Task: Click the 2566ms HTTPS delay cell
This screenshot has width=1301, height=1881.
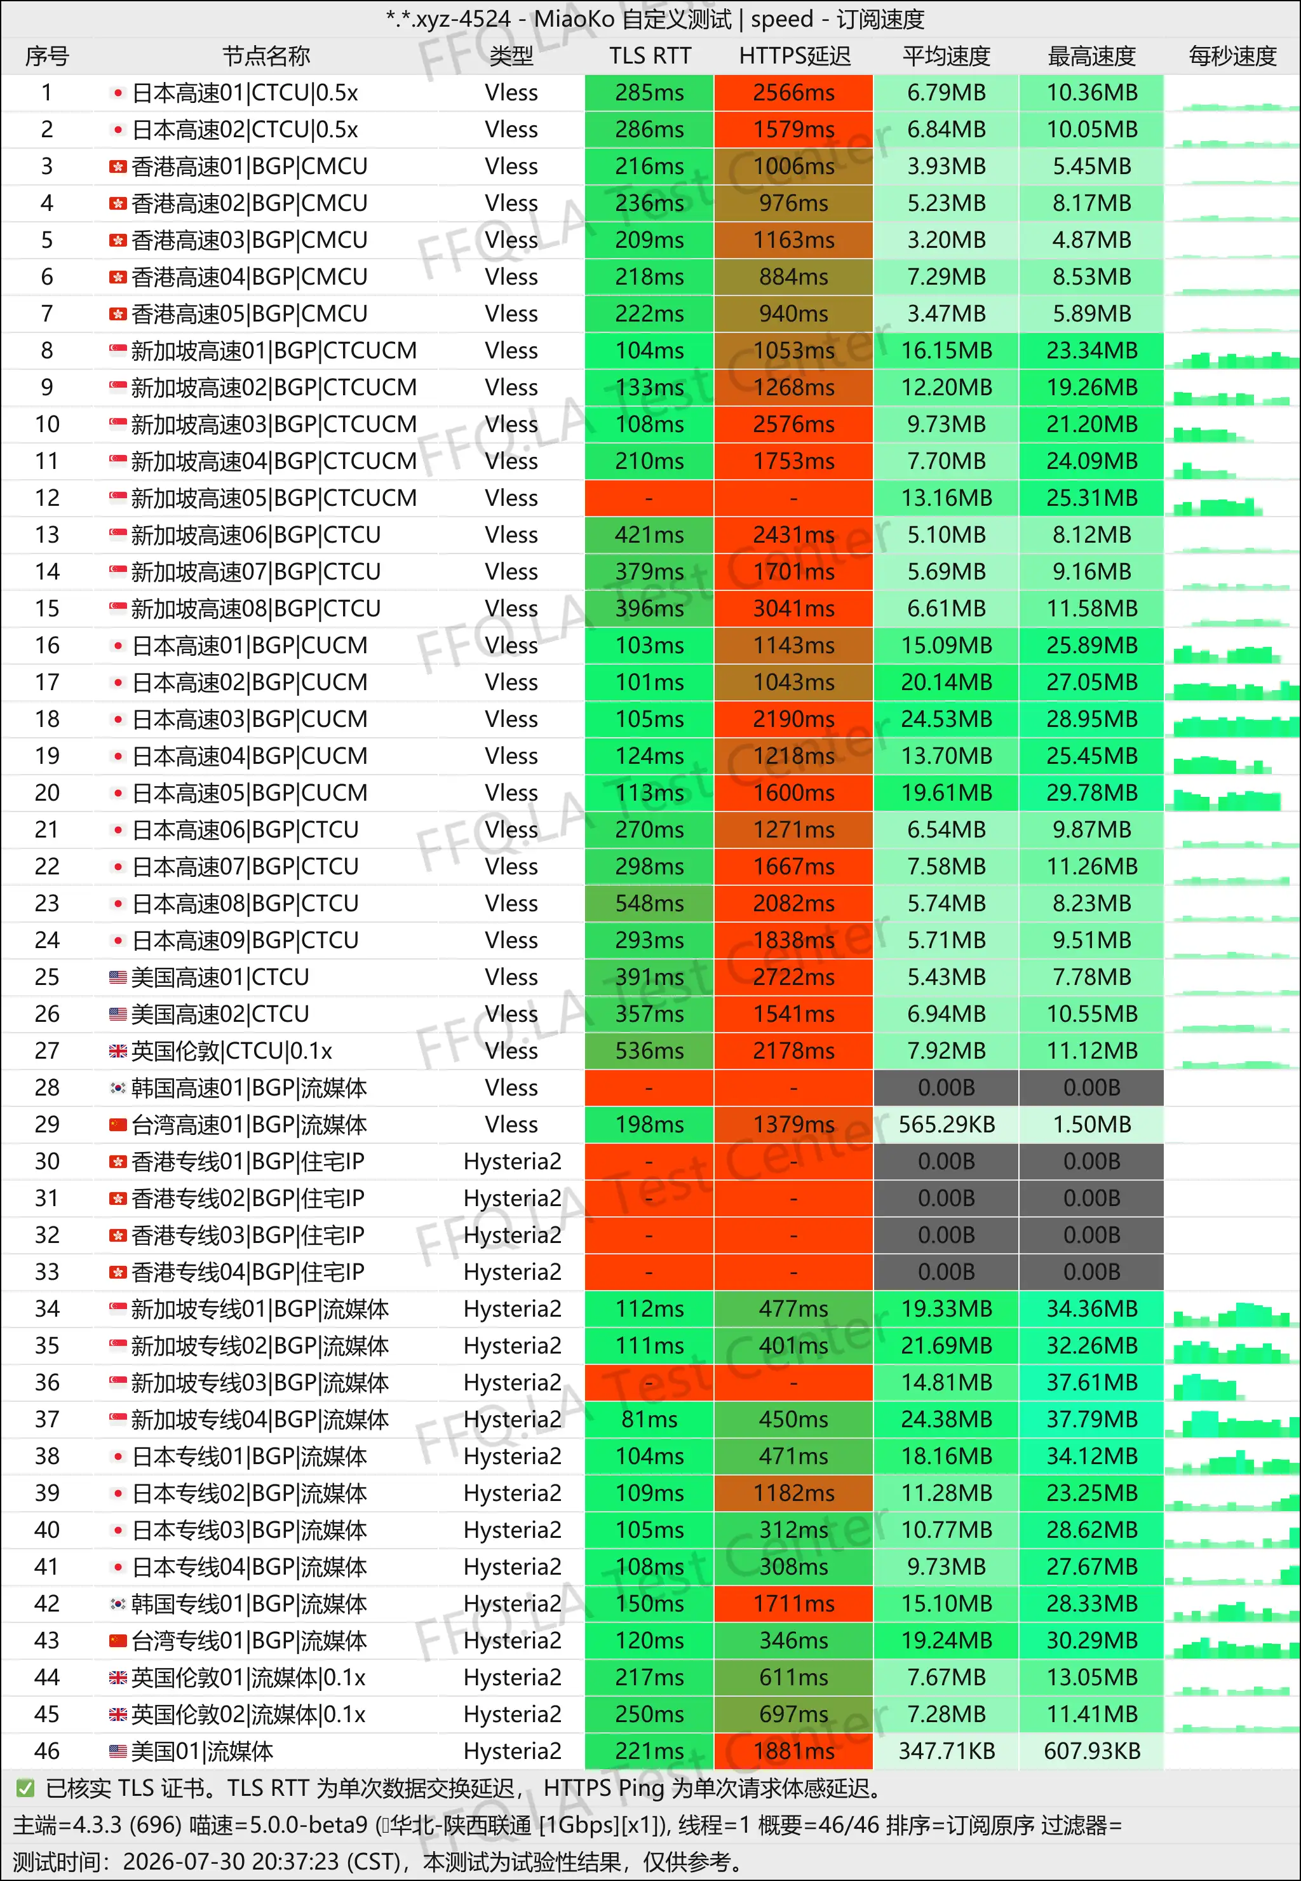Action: pyautogui.click(x=793, y=93)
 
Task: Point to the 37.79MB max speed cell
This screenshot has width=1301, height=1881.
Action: pyautogui.click(x=1091, y=1420)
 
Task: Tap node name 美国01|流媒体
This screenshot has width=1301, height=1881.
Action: pyautogui.click(x=202, y=1751)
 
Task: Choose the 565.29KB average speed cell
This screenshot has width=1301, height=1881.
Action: pyautogui.click(x=946, y=1124)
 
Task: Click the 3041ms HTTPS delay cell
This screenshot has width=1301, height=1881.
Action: pyautogui.click(x=793, y=608)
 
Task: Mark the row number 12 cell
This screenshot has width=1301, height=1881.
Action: pyautogui.click(x=47, y=498)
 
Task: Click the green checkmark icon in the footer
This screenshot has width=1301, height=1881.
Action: pyautogui.click(x=25, y=1788)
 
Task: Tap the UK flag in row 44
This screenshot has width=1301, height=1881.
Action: pyautogui.click(x=118, y=1677)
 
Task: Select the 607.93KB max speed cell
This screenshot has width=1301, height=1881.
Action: pyautogui.click(x=1091, y=1751)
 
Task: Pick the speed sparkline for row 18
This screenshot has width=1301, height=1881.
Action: pyautogui.click(x=1232, y=723)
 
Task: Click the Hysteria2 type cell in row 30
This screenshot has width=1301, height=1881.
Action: pyautogui.click(x=512, y=1161)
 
